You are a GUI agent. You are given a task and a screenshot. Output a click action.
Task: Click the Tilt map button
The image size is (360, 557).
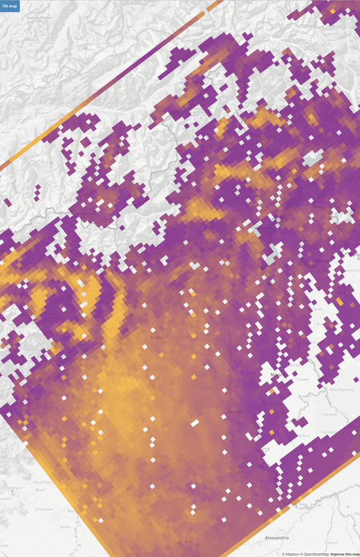10,6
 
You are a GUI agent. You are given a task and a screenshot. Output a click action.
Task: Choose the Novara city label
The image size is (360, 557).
277,375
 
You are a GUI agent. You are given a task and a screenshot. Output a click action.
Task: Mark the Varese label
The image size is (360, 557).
323,261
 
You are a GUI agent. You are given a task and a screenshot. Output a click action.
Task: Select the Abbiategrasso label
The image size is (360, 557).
340,390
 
